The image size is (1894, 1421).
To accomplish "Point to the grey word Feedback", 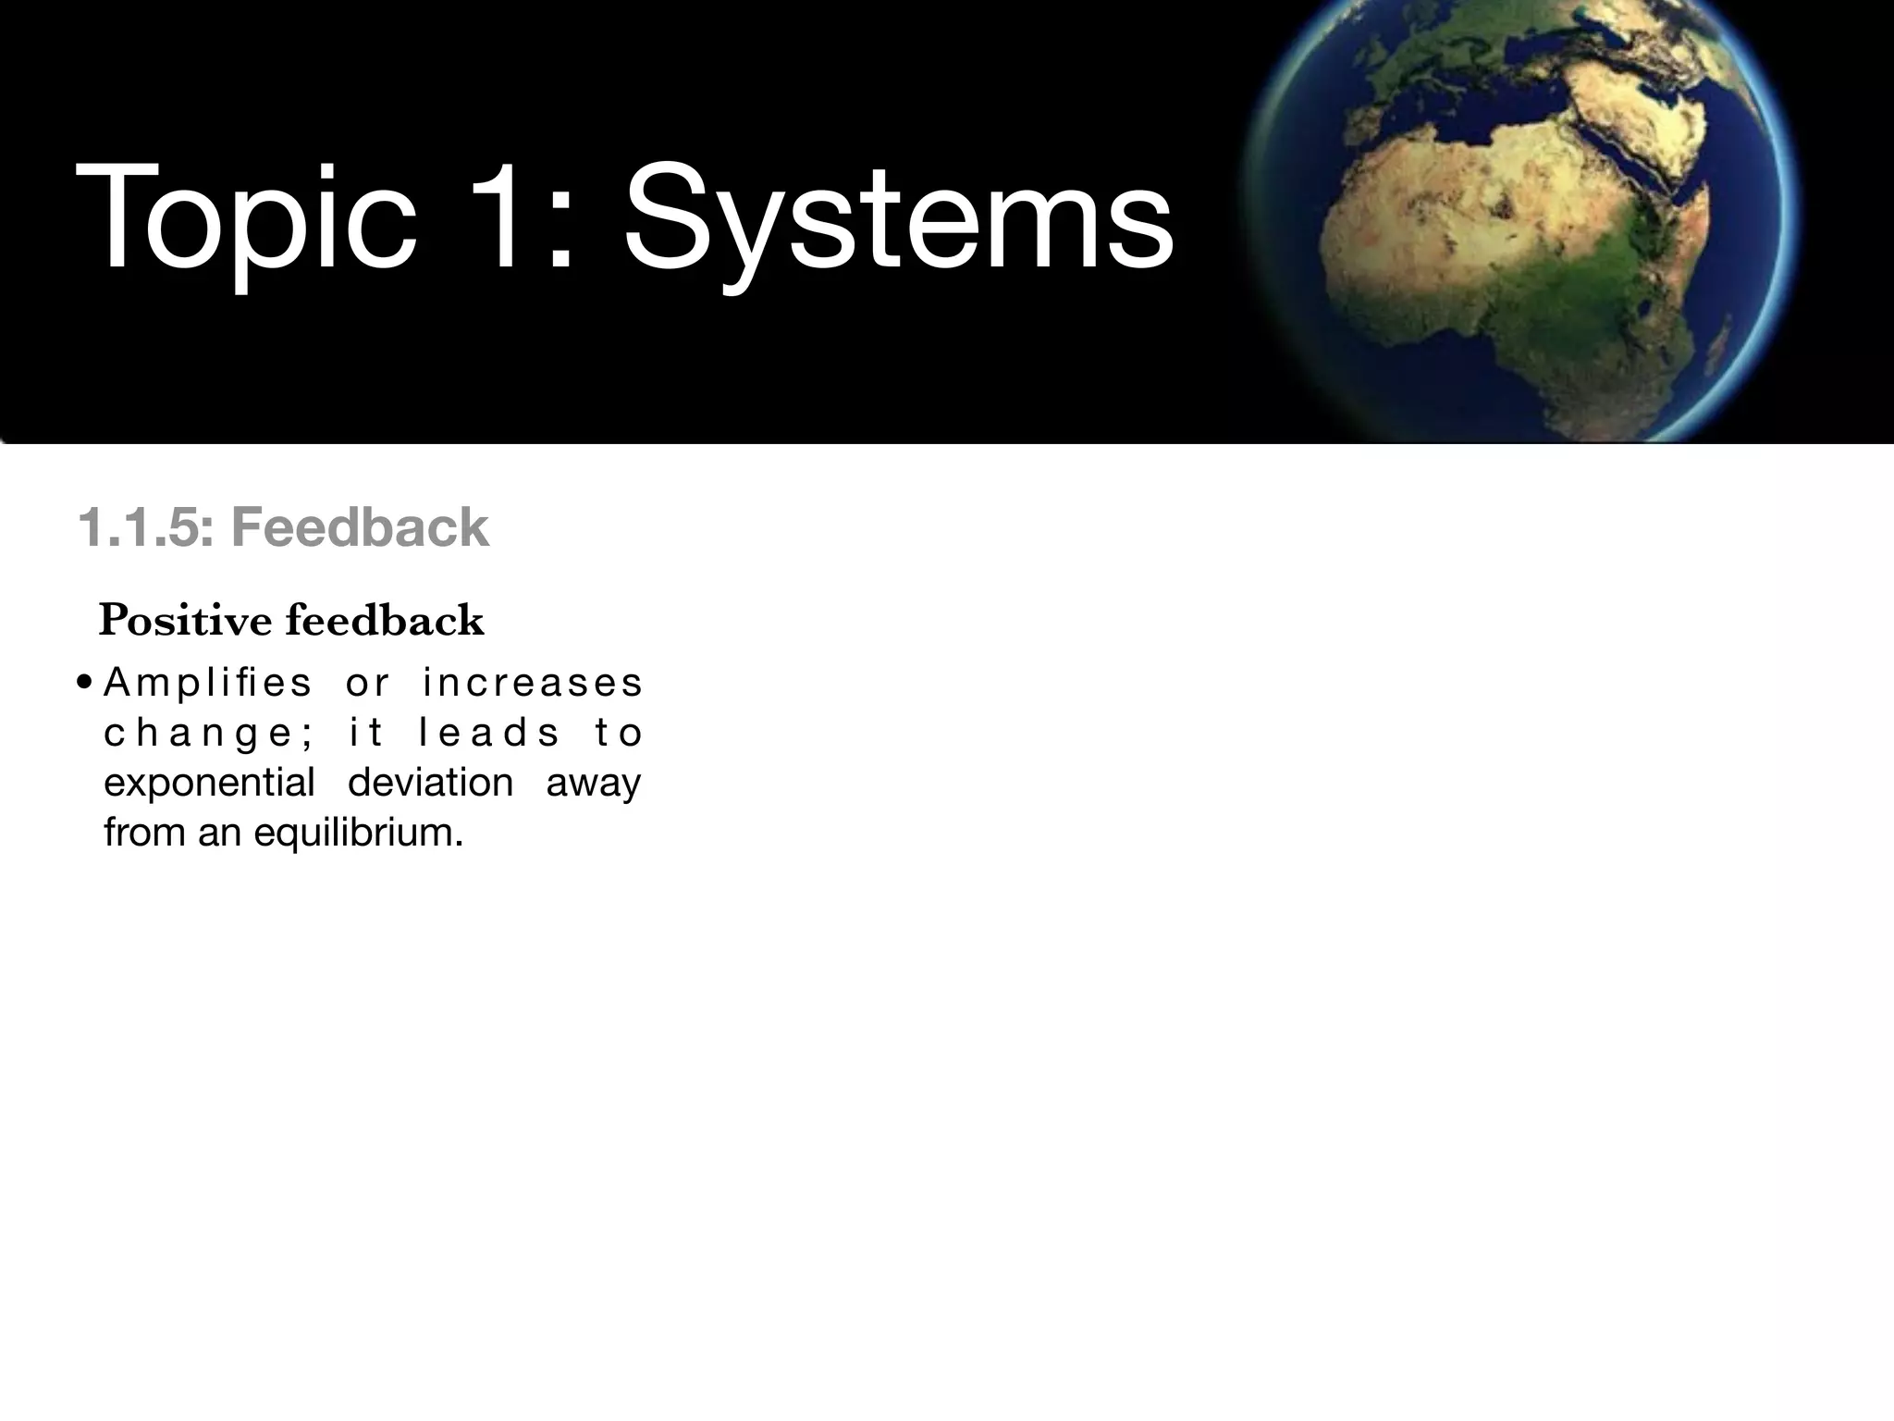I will pyautogui.click(x=360, y=528).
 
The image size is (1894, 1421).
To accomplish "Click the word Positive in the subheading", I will pyautogui.click(x=185, y=621).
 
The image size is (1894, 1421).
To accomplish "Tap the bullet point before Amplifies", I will pyautogui.click(x=84, y=685).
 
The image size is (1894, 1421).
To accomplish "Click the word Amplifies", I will pyautogui.click(x=208, y=684).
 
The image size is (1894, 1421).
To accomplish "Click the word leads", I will pyautogui.click(x=489, y=734).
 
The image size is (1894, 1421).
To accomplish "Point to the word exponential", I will pyautogui.click(x=210, y=784).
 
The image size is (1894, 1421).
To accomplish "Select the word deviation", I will pyautogui.click(x=430, y=783).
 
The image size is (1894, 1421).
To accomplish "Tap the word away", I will pyautogui.click(x=593, y=784).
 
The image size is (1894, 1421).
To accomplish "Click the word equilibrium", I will pyautogui.click(x=357, y=833).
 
